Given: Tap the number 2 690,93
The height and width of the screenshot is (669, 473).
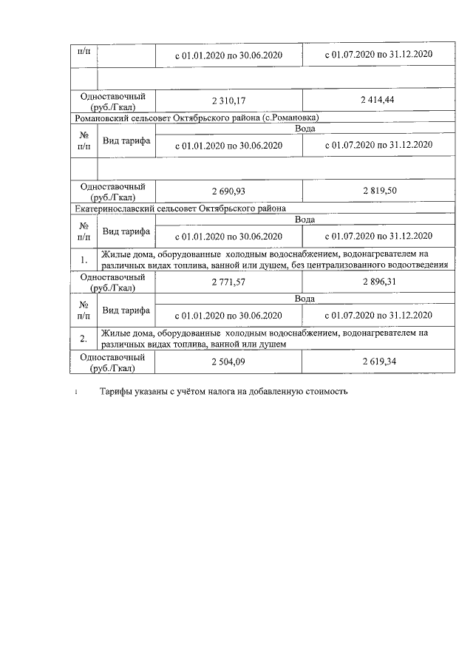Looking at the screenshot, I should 228,191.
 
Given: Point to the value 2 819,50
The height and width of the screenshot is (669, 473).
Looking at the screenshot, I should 378,191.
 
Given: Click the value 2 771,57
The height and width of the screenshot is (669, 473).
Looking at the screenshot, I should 228,282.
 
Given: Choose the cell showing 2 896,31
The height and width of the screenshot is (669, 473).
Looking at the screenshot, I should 378,282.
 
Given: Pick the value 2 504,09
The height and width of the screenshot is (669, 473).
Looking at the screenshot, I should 228,361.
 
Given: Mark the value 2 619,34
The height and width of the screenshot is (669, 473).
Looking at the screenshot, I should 378,361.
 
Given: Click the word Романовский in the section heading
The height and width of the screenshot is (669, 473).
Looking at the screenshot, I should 103,118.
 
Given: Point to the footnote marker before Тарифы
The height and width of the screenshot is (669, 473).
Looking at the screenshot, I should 76,392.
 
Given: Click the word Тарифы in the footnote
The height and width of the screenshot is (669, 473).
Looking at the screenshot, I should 117,391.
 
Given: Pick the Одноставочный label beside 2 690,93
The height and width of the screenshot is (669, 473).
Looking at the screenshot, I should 112,186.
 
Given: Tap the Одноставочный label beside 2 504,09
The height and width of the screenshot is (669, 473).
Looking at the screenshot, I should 112,357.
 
